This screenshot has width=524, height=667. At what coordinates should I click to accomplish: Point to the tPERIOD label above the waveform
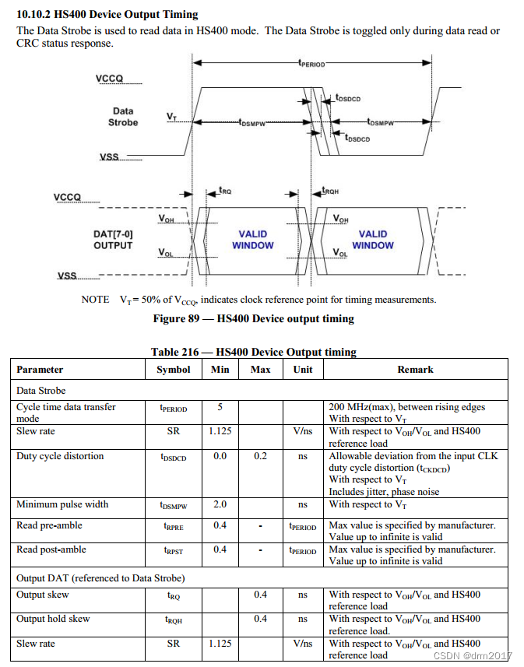[x=311, y=64]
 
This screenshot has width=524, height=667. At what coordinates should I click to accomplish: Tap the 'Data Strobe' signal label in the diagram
[x=123, y=117]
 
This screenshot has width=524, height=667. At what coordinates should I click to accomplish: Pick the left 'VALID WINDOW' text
[x=253, y=240]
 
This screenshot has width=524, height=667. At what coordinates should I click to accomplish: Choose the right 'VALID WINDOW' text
[x=373, y=240]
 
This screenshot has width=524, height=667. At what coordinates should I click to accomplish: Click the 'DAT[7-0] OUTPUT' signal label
[x=113, y=240]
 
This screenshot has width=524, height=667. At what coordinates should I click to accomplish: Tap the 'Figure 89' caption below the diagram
[x=253, y=318]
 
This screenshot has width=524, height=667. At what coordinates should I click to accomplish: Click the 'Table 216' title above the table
[x=253, y=352]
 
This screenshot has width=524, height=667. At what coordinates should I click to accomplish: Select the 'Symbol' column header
[x=173, y=369]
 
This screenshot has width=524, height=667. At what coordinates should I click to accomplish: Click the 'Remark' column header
[x=415, y=369]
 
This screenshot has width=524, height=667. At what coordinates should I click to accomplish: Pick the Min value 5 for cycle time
[x=220, y=407]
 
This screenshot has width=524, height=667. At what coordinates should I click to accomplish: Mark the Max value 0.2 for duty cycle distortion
[x=261, y=456]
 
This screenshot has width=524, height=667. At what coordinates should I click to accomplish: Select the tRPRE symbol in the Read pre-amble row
[x=173, y=526]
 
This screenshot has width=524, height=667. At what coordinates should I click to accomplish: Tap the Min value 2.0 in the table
[x=220, y=504]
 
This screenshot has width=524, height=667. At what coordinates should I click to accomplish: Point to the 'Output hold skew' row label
[x=53, y=619]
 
